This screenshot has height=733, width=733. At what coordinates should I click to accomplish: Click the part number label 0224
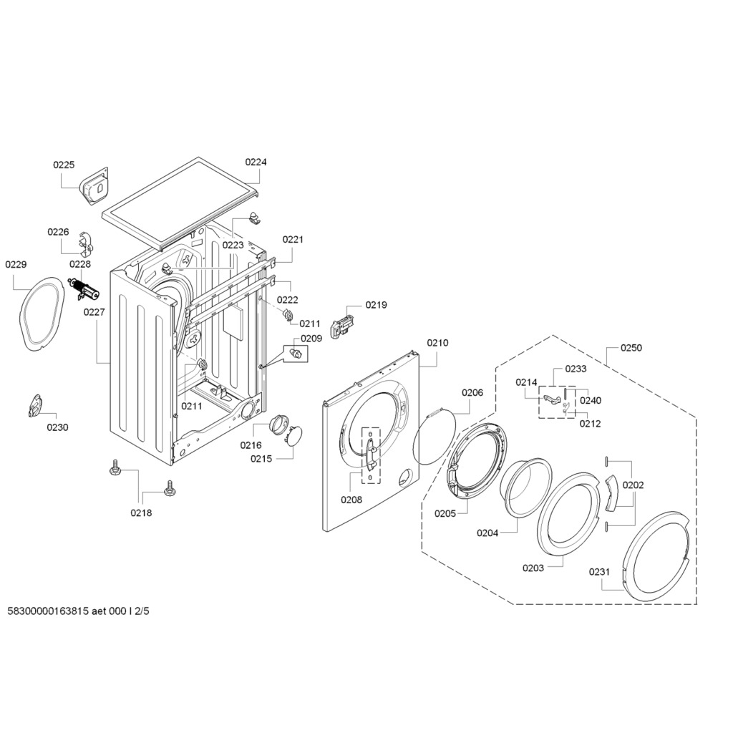pos(256,162)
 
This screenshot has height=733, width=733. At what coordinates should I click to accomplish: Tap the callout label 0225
pos(64,165)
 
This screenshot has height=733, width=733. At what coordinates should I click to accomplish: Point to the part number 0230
pos(57,427)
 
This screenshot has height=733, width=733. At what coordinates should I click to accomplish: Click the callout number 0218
pos(141,513)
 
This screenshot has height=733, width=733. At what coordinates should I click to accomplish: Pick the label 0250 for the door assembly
pos(631,348)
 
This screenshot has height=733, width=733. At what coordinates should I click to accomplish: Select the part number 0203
pos(533,568)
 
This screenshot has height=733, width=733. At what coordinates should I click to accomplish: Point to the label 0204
pos(487,533)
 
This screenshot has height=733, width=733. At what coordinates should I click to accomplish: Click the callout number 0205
pos(445,513)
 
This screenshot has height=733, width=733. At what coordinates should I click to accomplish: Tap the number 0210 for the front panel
pos(437,343)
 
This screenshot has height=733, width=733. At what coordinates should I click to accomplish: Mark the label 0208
pos(351,500)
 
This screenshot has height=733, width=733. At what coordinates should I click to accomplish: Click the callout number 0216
pos(251,445)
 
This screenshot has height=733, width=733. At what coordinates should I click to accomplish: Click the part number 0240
pos(591,401)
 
